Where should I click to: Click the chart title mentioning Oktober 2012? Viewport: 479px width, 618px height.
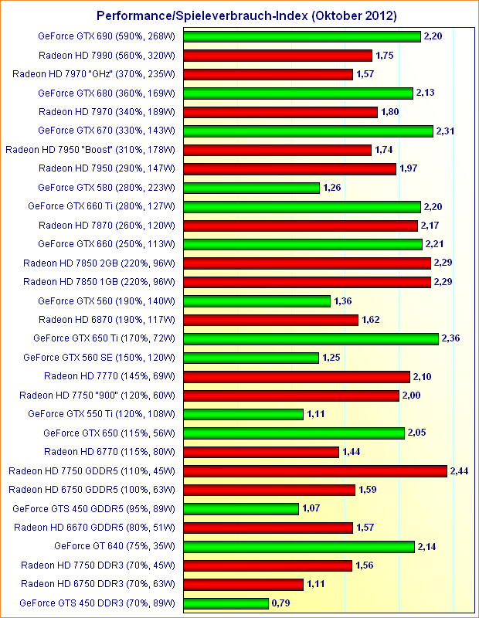click(x=246, y=15)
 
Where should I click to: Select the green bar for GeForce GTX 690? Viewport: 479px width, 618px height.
click(x=302, y=36)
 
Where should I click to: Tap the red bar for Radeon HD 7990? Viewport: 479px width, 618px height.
click(x=278, y=56)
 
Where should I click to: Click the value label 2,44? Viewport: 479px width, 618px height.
click(x=460, y=470)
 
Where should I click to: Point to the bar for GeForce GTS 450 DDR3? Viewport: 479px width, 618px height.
click(x=226, y=603)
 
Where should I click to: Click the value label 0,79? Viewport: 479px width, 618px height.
click(x=281, y=603)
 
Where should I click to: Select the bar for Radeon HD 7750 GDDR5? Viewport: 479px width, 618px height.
click(x=316, y=470)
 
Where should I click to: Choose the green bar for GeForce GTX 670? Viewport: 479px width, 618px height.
click(x=308, y=131)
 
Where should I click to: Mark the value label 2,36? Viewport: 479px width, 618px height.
click(x=451, y=338)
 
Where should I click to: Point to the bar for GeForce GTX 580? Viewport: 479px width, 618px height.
click(x=252, y=188)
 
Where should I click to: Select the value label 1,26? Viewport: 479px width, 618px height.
click(x=333, y=188)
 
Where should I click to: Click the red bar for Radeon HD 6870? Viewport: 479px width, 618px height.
click(x=271, y=319)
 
